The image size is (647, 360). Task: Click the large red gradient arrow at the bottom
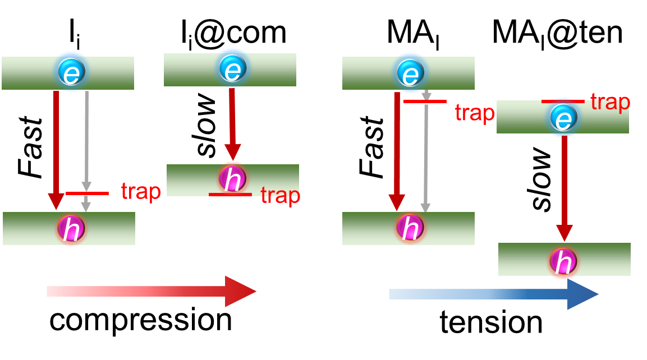point(152,291)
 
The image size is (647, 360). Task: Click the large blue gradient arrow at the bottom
point(494,294)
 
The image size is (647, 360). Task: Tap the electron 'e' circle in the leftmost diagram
point(71,72)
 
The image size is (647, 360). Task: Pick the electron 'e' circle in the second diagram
point(232,68)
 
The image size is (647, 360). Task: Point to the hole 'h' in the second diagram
point(232,178)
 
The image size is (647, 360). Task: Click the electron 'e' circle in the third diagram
point(410,72)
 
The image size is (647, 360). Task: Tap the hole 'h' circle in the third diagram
point(410,227)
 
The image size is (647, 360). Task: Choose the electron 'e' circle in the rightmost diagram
point(563,118)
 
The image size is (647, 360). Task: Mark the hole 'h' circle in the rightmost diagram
point(563,261)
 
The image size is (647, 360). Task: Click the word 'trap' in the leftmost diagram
point(141,191)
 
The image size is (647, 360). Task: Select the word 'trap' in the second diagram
point(281,196)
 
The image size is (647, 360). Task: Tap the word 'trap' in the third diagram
point(475,113)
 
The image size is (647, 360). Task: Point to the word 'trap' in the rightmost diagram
point(610,102)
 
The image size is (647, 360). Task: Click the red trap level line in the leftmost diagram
point(87,193)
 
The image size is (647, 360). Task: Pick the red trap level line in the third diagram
point(425,101)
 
